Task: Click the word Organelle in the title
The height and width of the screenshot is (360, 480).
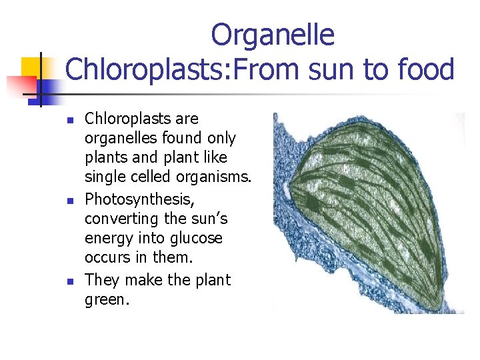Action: pos(273,35)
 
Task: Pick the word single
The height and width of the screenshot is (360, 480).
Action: pos(104,177)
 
